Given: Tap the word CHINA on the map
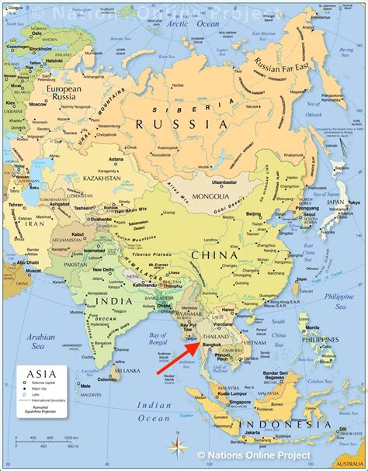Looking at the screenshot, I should (x=212, y=256).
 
